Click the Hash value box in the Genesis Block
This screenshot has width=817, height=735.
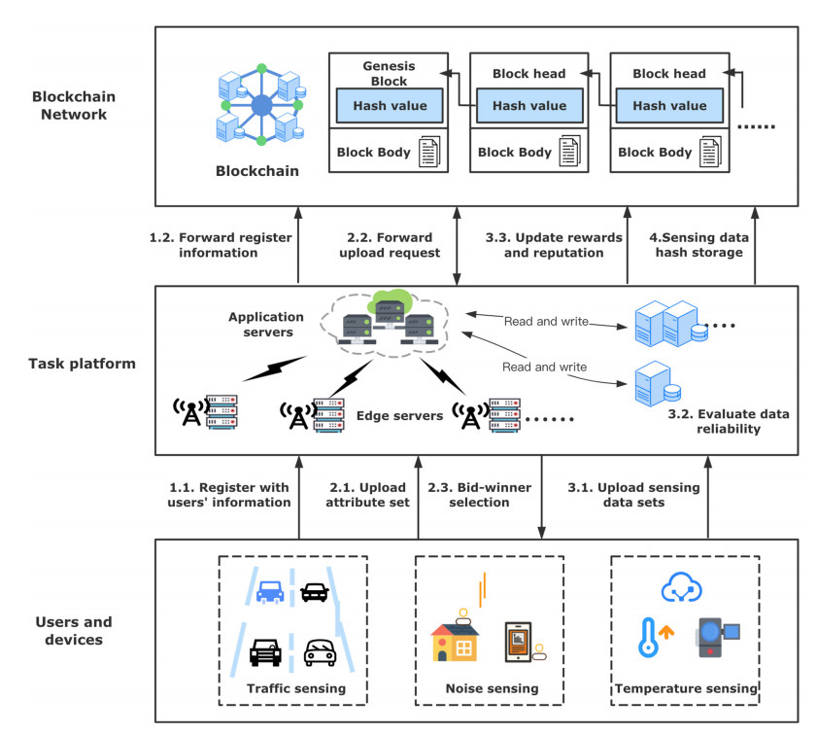tap(389, 105)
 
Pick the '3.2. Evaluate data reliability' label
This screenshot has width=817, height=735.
tap(729, 421)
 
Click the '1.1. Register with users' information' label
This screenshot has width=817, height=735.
tap(227, 495)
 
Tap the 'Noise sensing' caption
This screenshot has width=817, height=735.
tap(491, 689)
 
